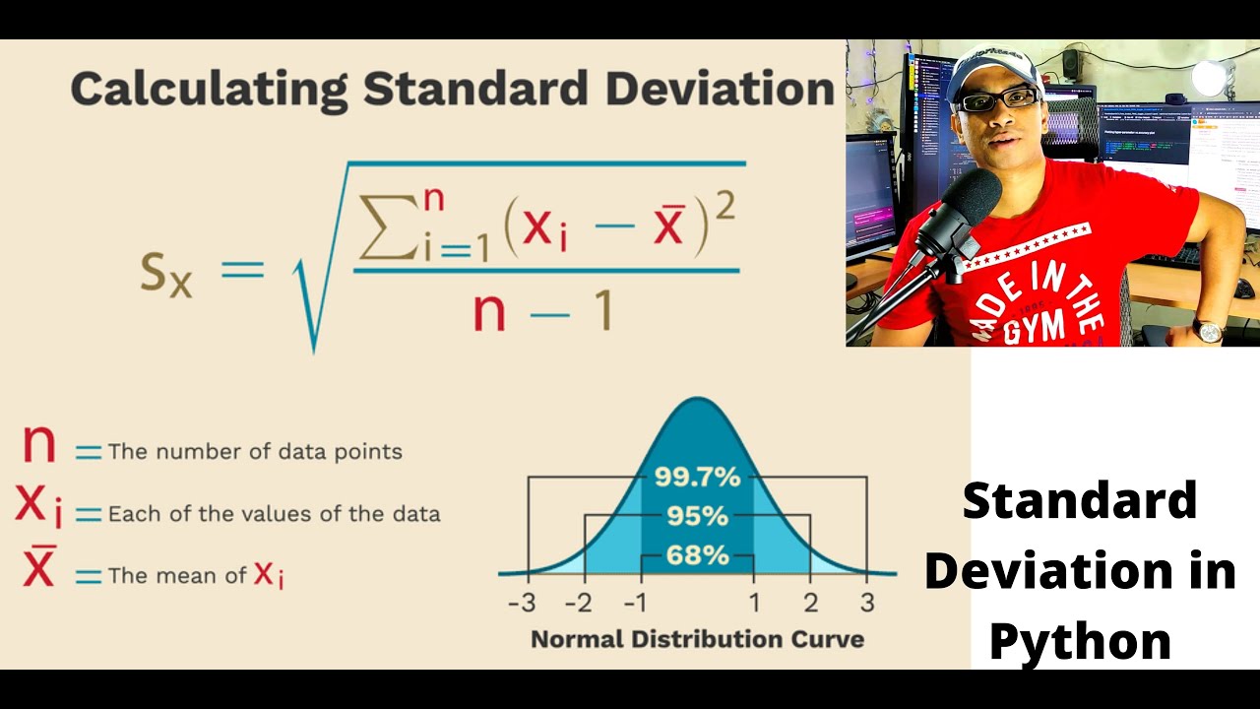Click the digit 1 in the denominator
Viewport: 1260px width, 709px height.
coord(602,311)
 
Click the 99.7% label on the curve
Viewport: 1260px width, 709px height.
coord(697,478)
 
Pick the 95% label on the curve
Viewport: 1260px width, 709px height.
coord(697,516)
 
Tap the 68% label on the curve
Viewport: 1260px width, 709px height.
coord(697,554)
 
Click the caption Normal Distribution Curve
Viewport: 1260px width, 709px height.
coord(697,639)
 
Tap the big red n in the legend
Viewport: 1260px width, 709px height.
coord(39,445)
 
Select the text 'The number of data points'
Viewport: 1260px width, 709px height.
coord(255,452)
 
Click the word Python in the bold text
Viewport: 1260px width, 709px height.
coord(1080,642)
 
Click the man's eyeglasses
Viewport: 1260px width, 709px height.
coord(998,99)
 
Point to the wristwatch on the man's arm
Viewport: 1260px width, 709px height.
coord(1207,331)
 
